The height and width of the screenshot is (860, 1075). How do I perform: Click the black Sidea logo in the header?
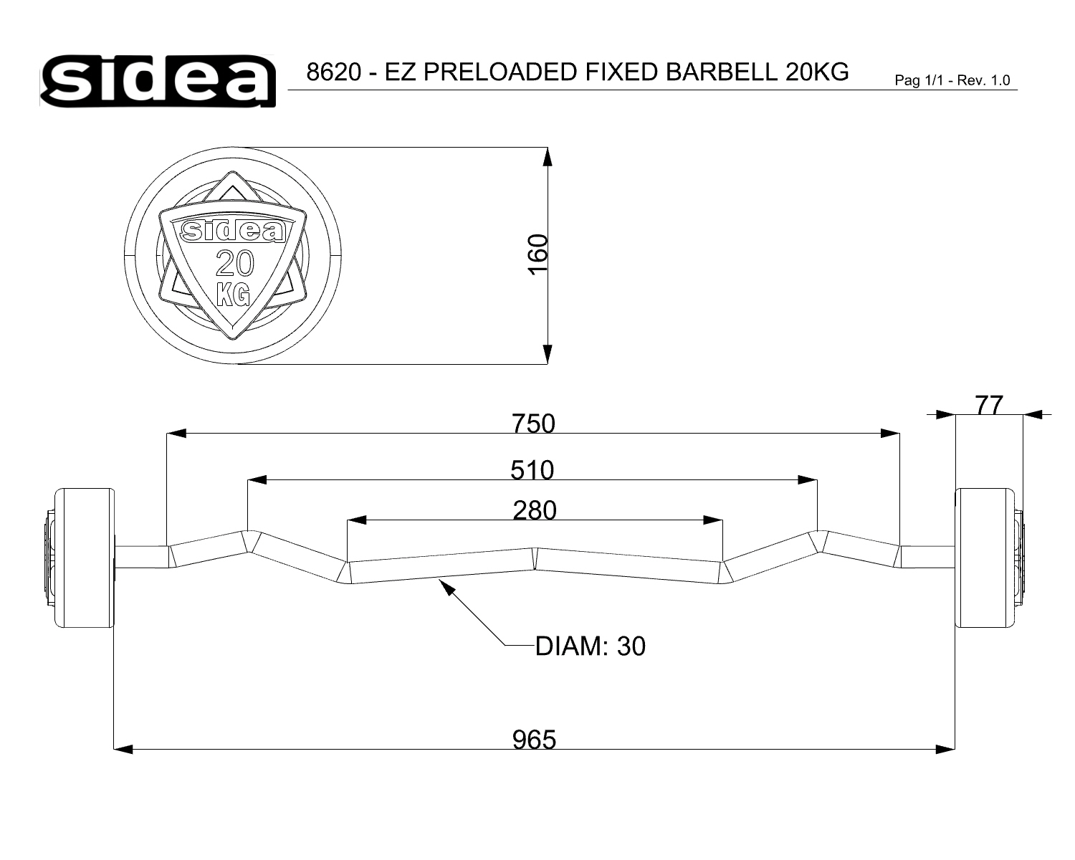[x=158, y=80]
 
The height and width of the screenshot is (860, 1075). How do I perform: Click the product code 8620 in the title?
[x=334, y=72]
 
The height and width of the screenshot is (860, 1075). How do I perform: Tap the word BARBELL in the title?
[x=722, y=72]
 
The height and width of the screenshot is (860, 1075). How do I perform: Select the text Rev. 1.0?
[x=983, y=80]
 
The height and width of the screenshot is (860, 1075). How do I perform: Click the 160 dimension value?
[x=538, y=255]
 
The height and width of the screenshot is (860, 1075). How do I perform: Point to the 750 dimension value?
[x=533, y=424]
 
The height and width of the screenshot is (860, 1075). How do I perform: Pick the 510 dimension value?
[x=532, y=470]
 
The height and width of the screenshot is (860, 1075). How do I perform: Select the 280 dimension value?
[x=535, y=511]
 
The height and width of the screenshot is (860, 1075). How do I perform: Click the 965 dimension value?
[x=534, y=740]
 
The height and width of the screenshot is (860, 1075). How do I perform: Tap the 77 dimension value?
[x=989, y=405]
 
